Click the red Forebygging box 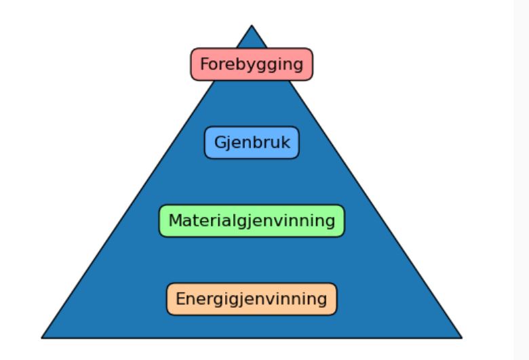251,64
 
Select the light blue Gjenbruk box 252,142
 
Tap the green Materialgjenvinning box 252,221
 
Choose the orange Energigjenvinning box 252,299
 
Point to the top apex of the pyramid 252,26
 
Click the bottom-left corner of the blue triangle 43,337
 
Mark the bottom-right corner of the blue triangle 461,337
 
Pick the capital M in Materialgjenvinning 175,221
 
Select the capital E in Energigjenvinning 180,299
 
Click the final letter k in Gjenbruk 286,142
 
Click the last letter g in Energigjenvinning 321,300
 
